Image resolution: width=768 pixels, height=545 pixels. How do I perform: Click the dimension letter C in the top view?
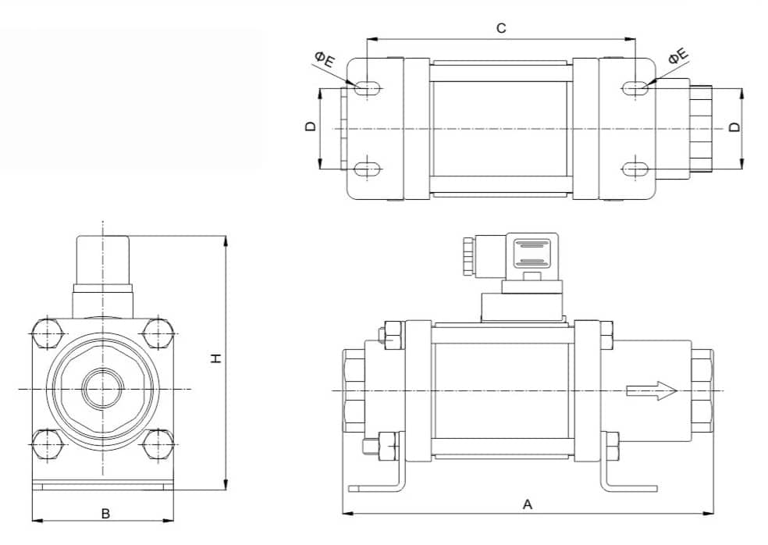(x=500, y=28)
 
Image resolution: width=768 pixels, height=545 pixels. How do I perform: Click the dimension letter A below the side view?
(x=528, y=504)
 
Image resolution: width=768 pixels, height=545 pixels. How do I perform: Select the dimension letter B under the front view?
(x=105, y=514)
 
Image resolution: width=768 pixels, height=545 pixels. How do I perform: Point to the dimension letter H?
(x=216, y=358)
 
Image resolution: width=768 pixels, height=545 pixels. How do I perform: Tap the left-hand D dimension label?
(x=311, y=126)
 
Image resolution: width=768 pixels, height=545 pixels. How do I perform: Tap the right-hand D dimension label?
(x=734, y=127)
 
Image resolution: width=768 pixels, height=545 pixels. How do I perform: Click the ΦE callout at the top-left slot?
(x=325, y=59)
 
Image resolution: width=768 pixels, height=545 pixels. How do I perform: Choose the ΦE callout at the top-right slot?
(x=678, y=56)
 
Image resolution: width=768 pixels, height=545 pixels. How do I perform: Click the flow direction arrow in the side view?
(x=652, y=390)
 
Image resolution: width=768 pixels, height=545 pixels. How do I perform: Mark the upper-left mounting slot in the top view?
(x=367, y=88)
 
